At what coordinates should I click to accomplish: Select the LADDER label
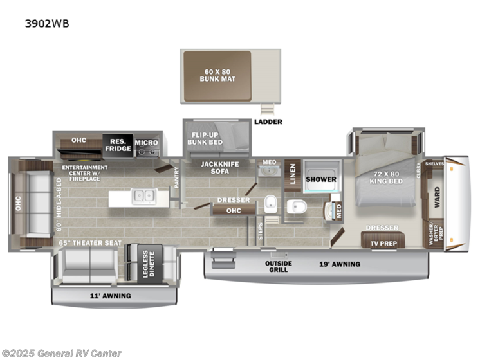(268, 122)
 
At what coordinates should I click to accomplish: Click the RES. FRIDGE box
(118, 145)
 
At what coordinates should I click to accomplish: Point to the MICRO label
(146, 143)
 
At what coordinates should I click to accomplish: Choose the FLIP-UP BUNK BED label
(205, 138)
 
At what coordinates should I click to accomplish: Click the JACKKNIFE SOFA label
(219, 168)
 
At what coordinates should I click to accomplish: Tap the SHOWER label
(321, 179)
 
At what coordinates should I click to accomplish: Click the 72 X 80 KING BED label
(386, 177)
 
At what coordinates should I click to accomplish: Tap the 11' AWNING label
(111, 296)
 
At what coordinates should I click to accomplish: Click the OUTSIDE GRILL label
(279, 267)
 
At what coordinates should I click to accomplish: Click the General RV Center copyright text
(61, 353)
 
